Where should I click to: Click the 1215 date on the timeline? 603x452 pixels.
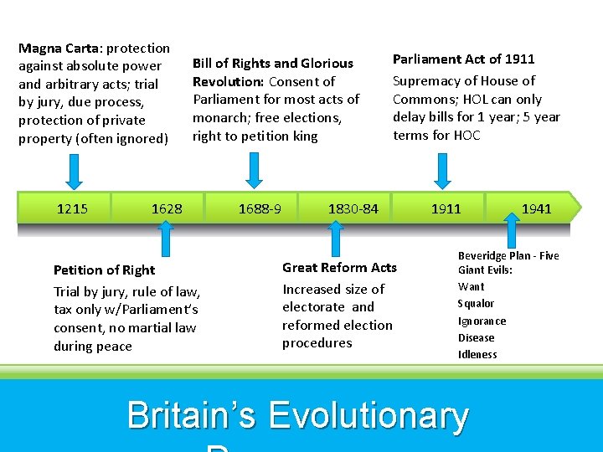(x=72, y=208)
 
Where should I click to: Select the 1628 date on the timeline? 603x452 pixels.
(x=167, y=208)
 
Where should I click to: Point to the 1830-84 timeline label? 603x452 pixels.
(x=353, y=208)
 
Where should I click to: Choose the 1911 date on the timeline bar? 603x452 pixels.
(x=446, y=208)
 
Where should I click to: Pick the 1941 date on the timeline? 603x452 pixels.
(x=536, y=208)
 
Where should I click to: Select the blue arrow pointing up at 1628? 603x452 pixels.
(x=165, y=240)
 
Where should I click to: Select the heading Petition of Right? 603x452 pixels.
(x=104, y=270)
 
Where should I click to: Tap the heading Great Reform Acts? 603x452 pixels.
(x=339, y=267)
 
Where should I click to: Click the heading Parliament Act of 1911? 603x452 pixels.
(x=463, y=59)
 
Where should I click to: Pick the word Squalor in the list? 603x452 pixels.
(x=476, y=304)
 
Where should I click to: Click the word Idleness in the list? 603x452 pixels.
(x=477, y=354)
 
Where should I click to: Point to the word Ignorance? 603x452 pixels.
(x=482, y=321)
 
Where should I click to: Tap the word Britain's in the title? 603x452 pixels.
(x=192, y=417)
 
